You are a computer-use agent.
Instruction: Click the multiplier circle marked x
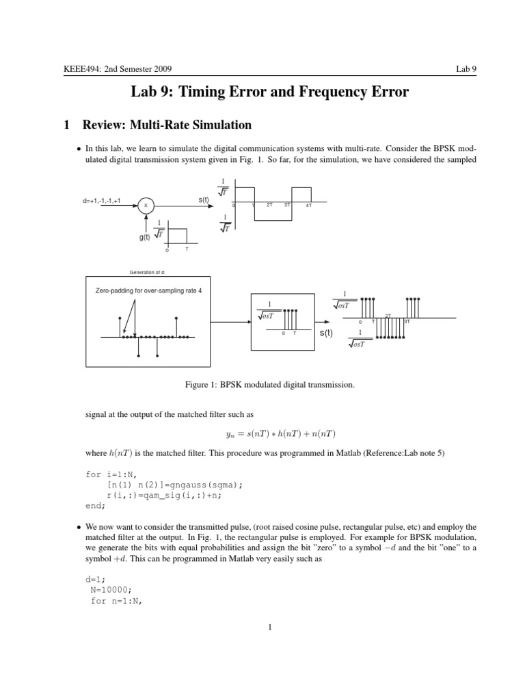146,204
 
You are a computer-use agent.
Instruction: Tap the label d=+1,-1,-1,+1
101,201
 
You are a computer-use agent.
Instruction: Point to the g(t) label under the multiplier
144,237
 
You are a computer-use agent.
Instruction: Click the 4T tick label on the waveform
309,206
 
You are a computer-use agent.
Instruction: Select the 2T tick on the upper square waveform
270,205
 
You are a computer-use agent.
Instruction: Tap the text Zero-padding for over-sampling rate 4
148,291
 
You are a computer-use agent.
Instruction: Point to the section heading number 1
66,125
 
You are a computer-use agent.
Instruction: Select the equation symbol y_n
230,434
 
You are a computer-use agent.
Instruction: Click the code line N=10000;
111,591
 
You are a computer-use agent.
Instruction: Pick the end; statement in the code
96,506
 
